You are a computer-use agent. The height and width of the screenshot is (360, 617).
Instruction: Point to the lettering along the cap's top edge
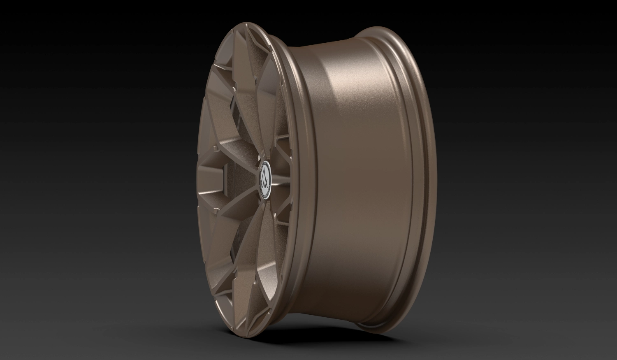click(266, 165)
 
